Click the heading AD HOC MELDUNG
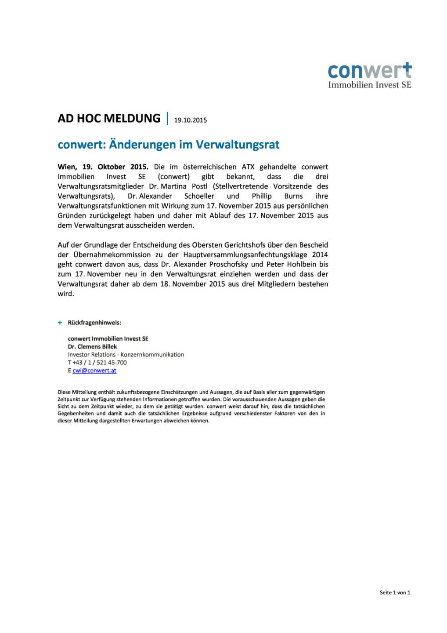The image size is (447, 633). pyautogui.click(x=109, y=119)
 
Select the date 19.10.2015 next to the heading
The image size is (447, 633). pyautogui.click(x=190, y=120)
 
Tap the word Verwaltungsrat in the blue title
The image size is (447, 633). pyautogui.click(x=238, y=145)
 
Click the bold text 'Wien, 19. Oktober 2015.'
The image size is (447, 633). pyautogui.click(x=103, y=167)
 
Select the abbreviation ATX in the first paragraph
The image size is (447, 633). pyautogui.click(x=248, y=167)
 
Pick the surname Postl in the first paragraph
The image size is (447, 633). pyautogui.click(x=199, y=186)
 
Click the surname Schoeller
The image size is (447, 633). pyautogui.click(x=199, y=196)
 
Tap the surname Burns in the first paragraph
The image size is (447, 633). pyautogui.click(x=293, y=196)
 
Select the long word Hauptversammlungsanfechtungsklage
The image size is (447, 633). pyautogui.click(x=245, y=255)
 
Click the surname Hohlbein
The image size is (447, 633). pyautogui.click(x=299, y=265)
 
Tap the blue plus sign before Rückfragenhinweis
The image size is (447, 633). pyautogui.click(x=60, y=323)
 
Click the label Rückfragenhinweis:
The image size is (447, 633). pyautogui.click(x=94, y=323)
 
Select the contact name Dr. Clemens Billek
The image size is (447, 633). pyautogui.click(x=92, y=347)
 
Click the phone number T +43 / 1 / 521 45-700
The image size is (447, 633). pyautogui.click(x=97, y=363)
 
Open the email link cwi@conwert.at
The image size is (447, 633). pyautogui.click(x=94, y=371)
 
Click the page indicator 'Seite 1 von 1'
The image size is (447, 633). pyautogui.click(x=395, y=593)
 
